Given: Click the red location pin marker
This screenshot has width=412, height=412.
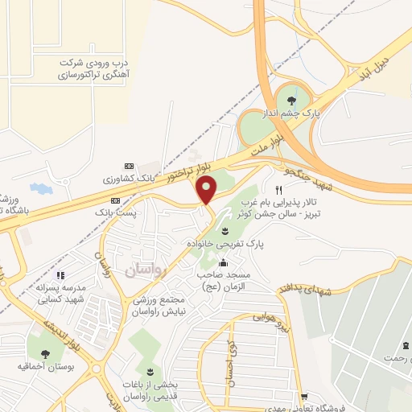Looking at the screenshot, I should click(208, 190).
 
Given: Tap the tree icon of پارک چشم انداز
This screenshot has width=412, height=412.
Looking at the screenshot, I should click(290, 101).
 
